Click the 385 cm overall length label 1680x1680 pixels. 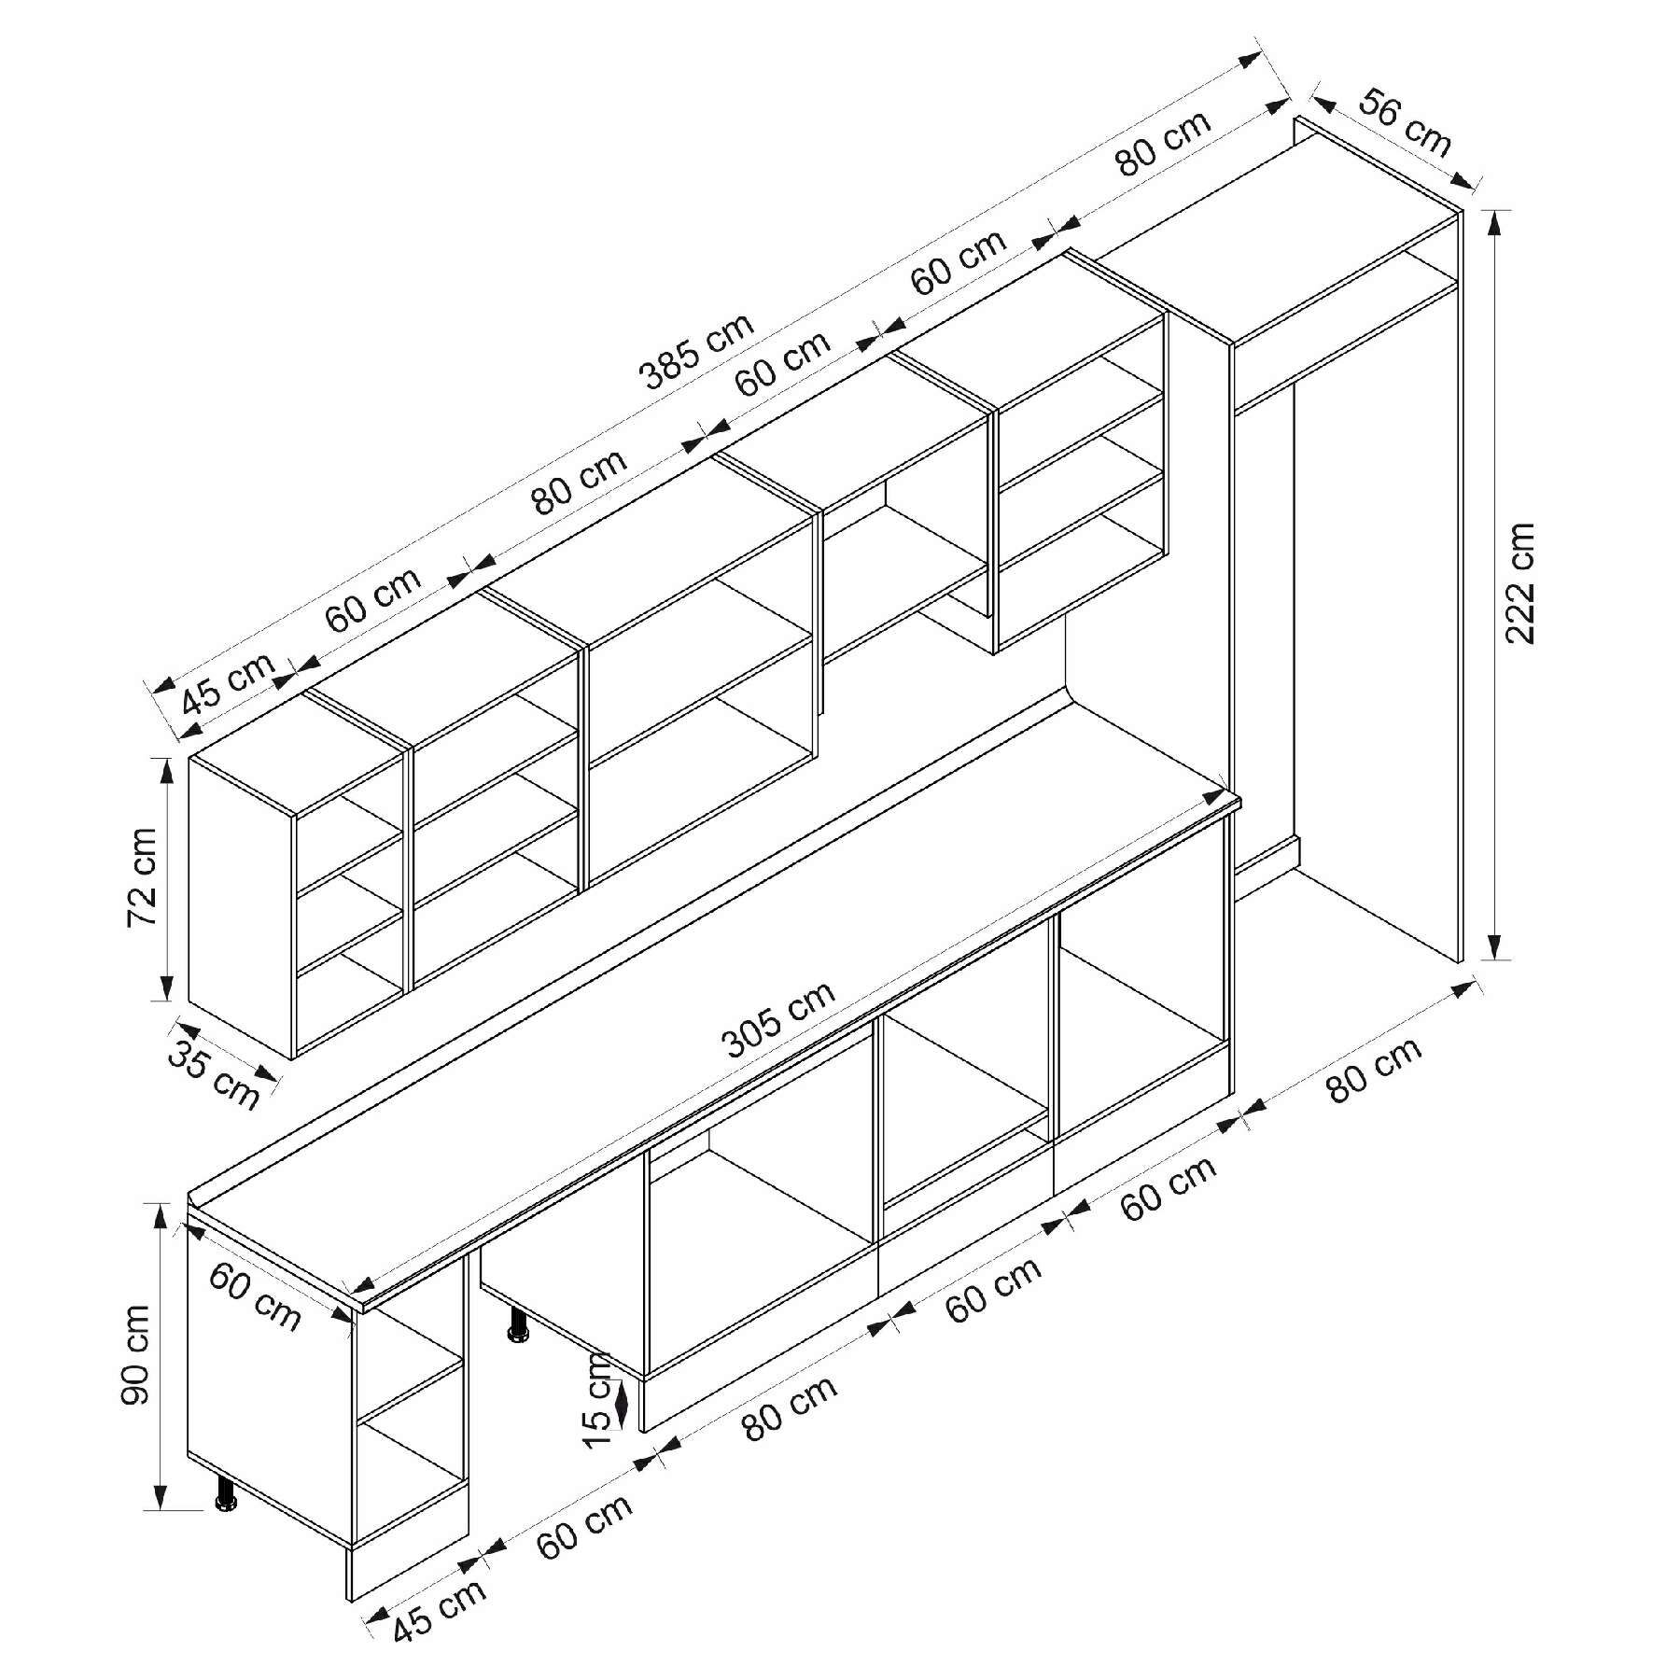pos(695,351)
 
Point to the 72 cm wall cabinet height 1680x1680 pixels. pos(142,878)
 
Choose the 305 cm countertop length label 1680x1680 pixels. pos(780,1019)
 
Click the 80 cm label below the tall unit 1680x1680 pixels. pos(1374,1070)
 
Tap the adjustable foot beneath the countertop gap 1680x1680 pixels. pos(517,1324)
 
